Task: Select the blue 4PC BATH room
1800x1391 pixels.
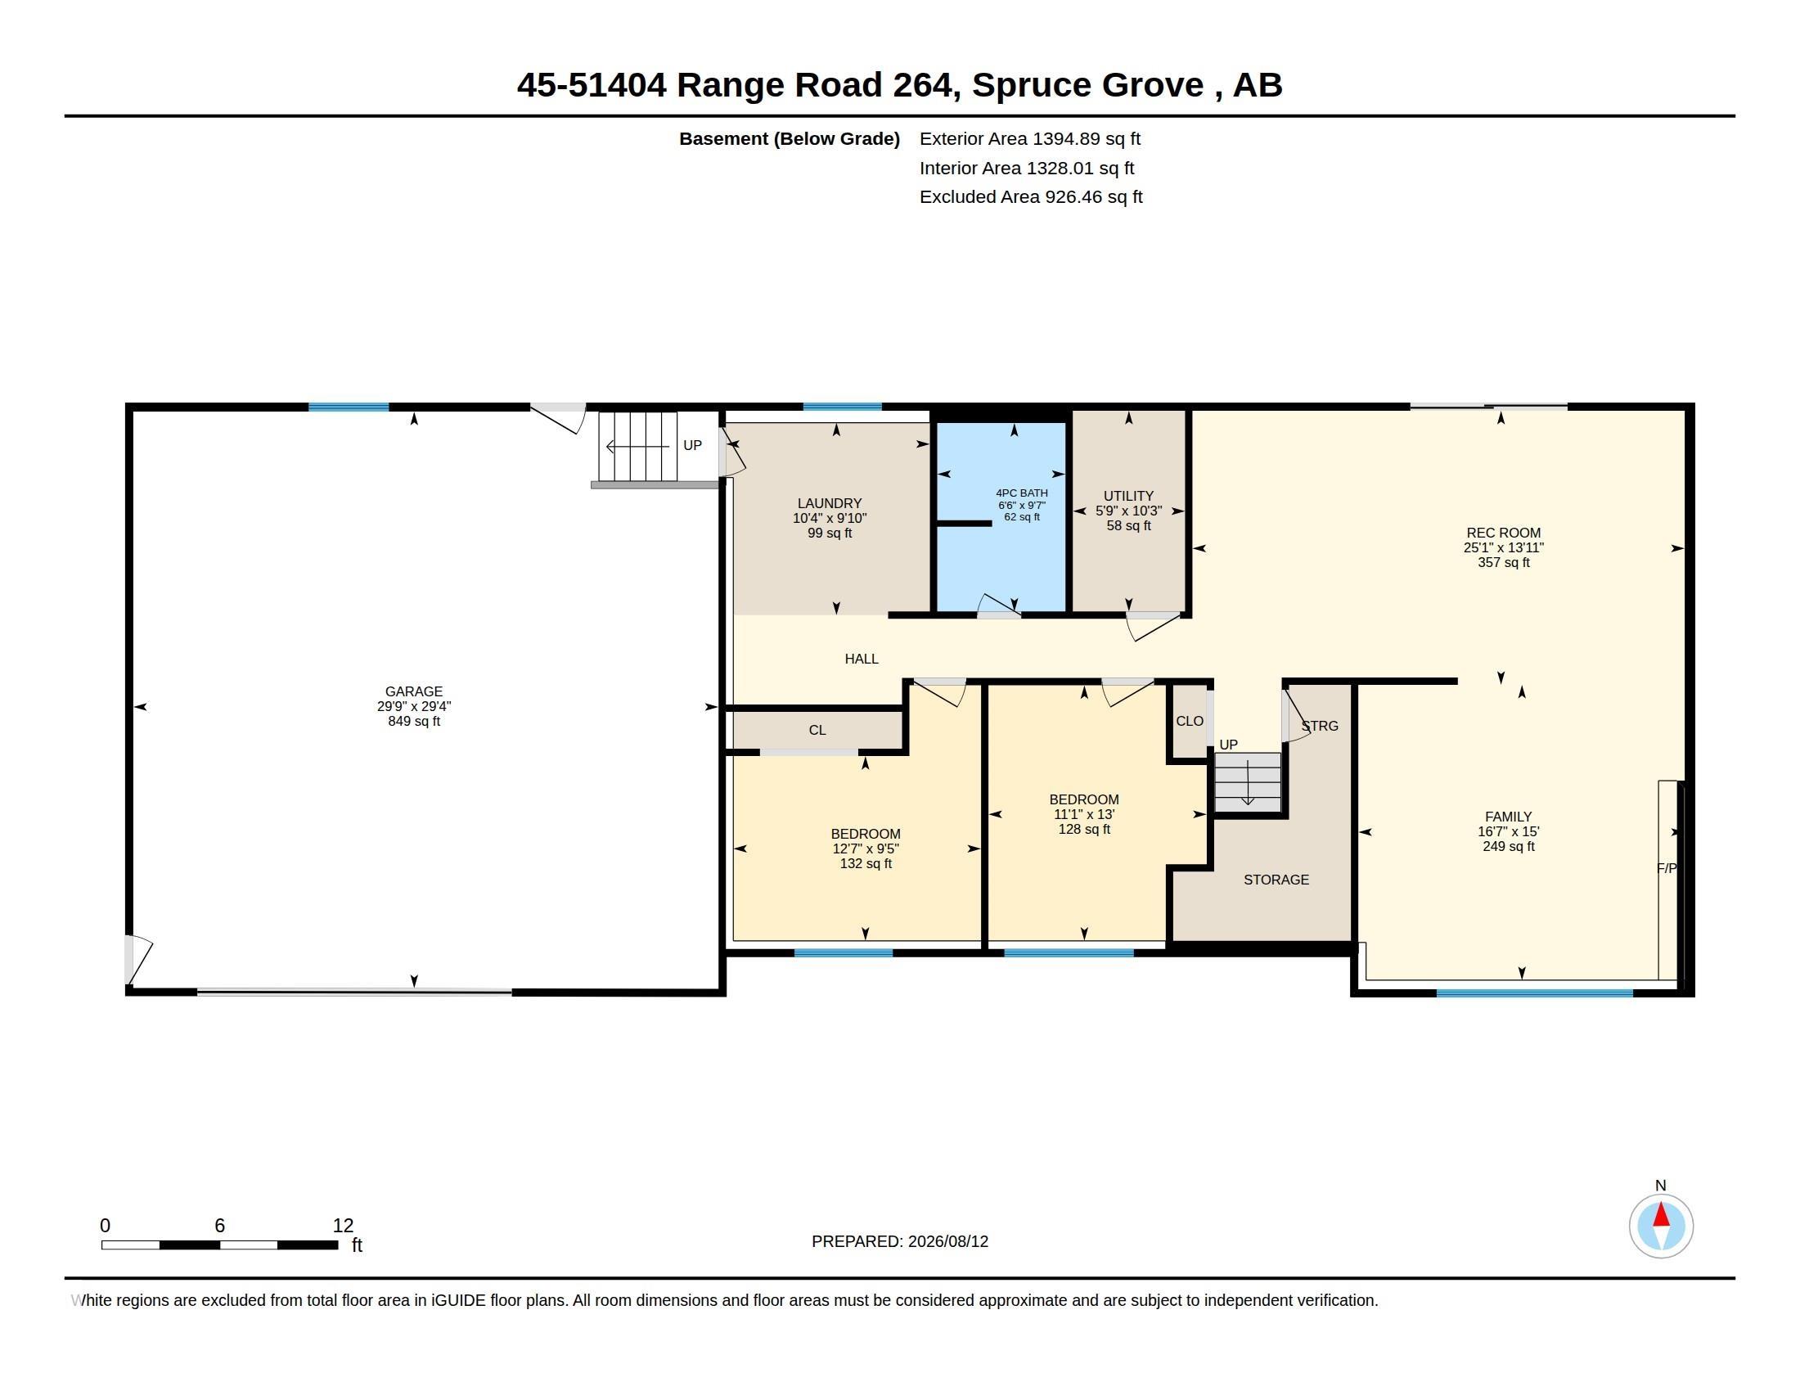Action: click(x=1001, y=517)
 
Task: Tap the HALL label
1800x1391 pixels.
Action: click(x=862, y=659)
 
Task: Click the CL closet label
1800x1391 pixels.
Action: click(x=817, y=730)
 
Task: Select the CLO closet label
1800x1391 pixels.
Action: click(x=1190, y=721)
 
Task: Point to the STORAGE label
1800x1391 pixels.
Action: click(x=1276, y=880)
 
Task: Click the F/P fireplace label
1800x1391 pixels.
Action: click(x=1667, y=868)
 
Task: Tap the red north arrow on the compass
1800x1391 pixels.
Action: click(x=1661, y=1215)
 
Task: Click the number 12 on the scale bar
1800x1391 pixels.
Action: click(x=343, y=1226)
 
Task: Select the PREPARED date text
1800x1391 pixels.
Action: click(x=900, y=1241)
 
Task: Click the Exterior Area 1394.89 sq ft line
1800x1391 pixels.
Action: click(x=1030, y=139)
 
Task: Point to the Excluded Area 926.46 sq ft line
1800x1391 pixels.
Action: click(x=1031, y=197)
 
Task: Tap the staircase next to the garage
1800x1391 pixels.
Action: click(x=638, y=447)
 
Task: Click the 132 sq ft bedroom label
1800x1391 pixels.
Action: click(x=866, y=848)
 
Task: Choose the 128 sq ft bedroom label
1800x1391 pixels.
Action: click(x=1084, y=814)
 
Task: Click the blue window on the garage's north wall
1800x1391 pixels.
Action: click(x=349, y=407)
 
